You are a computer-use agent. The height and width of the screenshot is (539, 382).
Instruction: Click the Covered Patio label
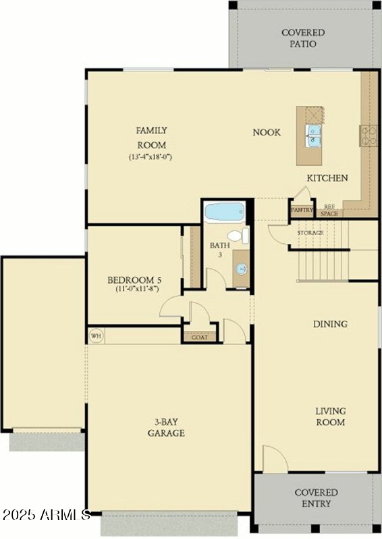(302, 38)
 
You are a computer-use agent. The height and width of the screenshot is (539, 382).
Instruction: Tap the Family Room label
(151, 137)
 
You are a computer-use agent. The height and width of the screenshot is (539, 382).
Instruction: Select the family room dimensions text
(151, 157)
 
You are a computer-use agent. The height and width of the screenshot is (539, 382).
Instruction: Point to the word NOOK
(267, 133)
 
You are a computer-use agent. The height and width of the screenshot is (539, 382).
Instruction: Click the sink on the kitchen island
(314, 135)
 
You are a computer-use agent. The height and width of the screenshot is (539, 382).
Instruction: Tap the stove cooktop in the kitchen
(369, 135)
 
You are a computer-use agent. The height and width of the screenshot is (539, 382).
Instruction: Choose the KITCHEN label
(327, 178)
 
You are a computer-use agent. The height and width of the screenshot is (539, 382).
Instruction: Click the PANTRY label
(302, 210)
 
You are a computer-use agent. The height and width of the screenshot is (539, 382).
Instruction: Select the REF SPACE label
(329, 210)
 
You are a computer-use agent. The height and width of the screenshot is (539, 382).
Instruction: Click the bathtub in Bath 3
(224, 212)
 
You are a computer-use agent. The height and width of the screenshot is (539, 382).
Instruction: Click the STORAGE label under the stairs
(310, 232)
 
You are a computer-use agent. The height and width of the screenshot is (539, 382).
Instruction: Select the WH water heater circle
(95, 335)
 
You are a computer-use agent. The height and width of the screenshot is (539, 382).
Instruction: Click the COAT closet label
(200, 337)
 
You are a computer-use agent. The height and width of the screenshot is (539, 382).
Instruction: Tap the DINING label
(330, 324)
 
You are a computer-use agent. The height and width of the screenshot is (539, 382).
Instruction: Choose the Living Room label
(330, 416)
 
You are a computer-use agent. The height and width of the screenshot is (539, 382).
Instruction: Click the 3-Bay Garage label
(166, 428)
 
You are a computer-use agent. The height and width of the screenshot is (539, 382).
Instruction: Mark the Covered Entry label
(316, 498)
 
